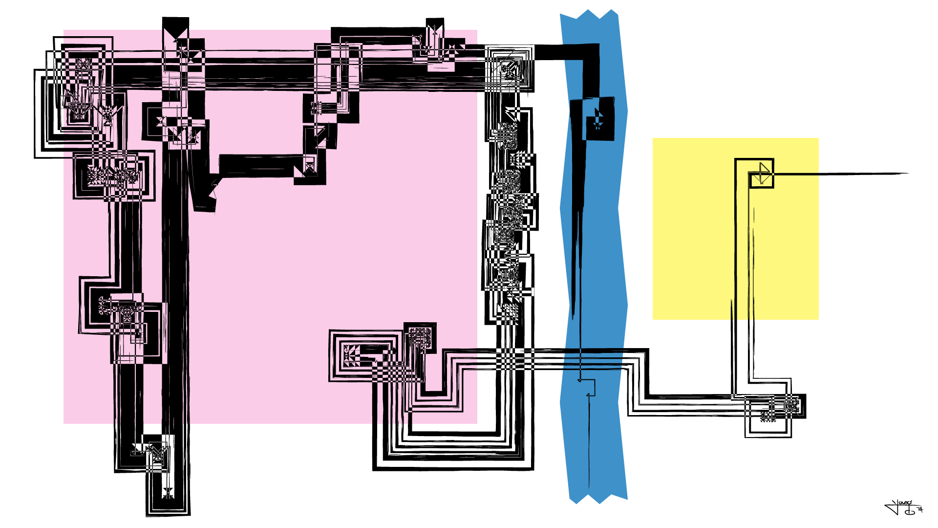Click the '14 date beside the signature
click(920, 510)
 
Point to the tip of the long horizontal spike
click(907, 173)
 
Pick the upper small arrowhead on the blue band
click(580, 380)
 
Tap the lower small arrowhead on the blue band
click(588, 395)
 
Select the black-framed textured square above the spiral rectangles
click(420, 337)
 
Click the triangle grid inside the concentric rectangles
click(352, 355)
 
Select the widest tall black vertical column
click(175, 293)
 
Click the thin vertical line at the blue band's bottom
click(589, 450)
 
